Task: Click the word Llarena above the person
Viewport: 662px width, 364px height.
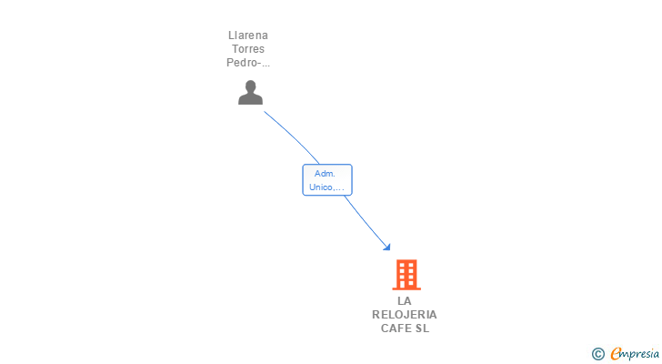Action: tap(249, 35)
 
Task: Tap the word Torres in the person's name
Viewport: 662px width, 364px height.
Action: tap(249, 49)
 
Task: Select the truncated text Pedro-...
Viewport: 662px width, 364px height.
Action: tap(247, 63)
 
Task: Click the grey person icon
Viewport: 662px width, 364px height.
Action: tap(250, 92)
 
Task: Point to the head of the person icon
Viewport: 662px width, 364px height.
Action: tap(250, 86)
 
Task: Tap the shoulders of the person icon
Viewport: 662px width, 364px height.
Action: tap(250, 99)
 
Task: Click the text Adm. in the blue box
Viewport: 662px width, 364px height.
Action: tap(325, 173)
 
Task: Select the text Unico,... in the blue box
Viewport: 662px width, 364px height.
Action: tap(326, 187)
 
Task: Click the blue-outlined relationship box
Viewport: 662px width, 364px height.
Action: tap(326, 180)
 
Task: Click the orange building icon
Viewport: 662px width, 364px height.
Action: tap(406, 274)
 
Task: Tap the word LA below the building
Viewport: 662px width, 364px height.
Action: tap(405, 300)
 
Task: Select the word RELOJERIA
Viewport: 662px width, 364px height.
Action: tap(405, 314)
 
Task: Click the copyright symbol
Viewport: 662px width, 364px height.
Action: tap(597, 353)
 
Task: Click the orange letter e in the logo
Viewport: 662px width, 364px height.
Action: tap(616, 353)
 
